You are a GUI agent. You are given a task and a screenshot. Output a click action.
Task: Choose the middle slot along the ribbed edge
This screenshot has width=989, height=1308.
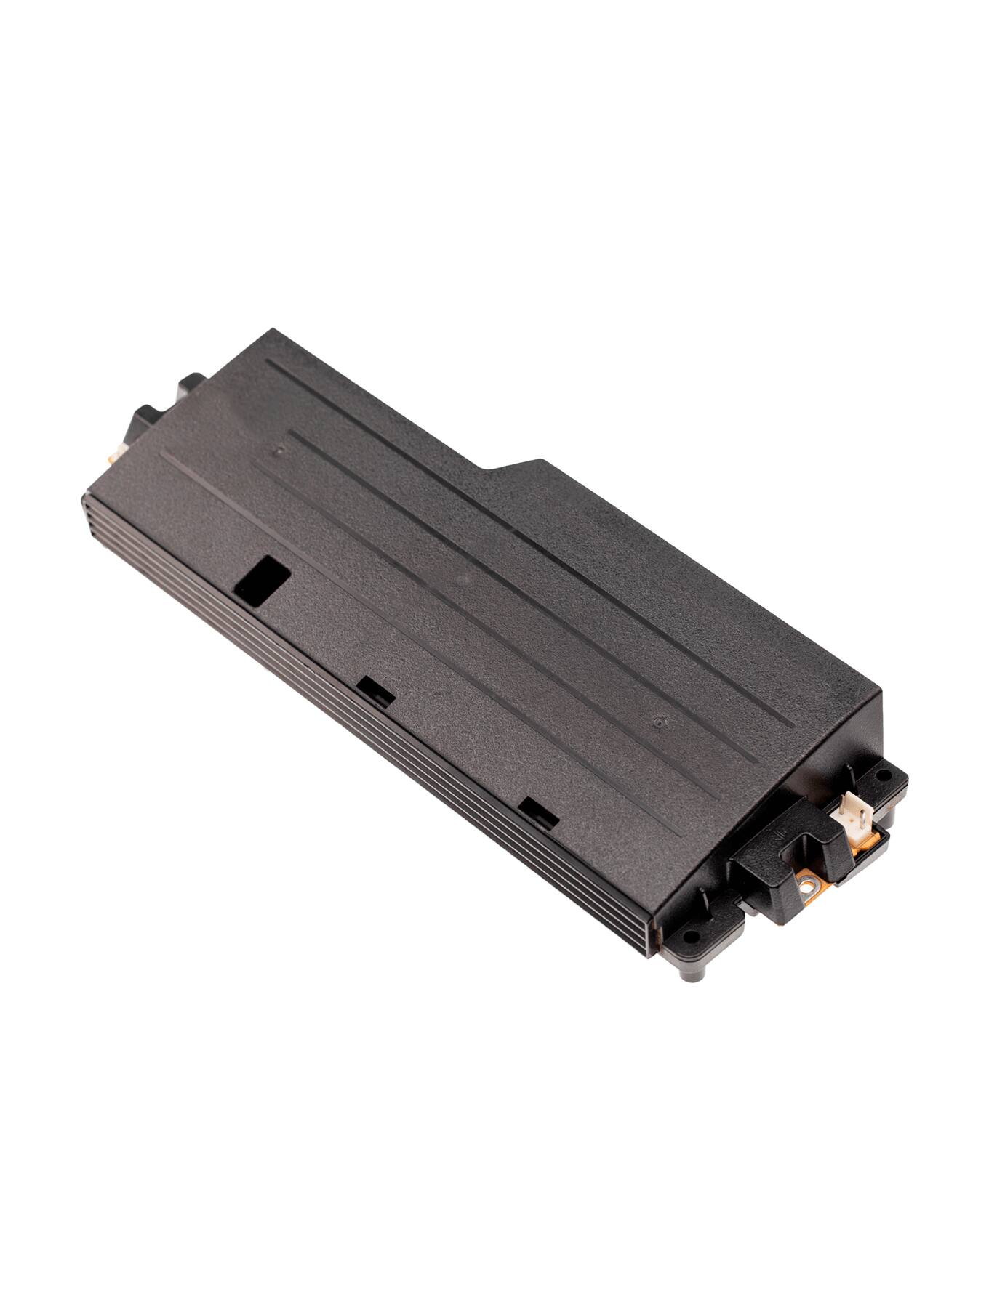[x=377, y=691]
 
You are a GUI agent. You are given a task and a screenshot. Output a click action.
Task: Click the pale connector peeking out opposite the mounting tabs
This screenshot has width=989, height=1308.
[x=115, y=456]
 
